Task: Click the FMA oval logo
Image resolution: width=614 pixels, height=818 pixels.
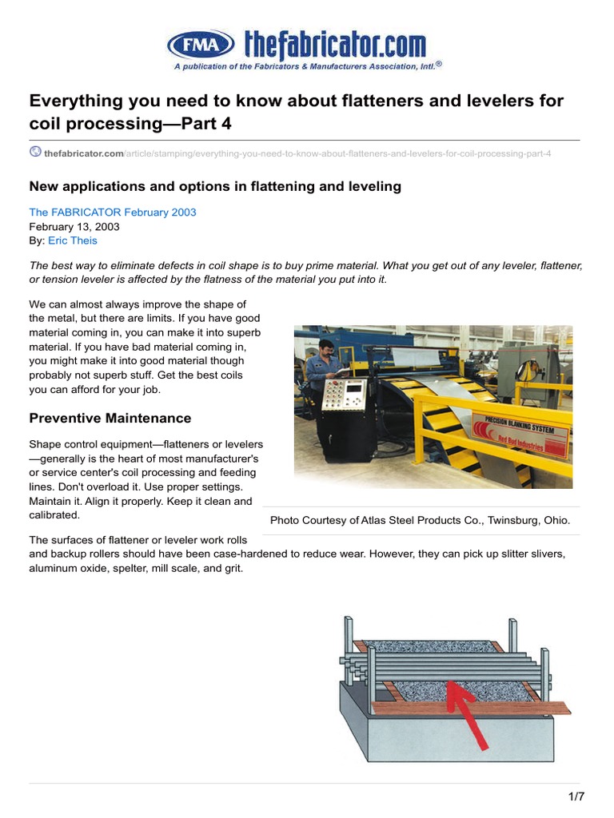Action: coord(201,43)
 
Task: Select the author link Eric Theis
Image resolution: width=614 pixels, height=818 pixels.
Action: coord(74,240)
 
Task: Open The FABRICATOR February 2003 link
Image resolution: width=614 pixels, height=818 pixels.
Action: coord(112,212)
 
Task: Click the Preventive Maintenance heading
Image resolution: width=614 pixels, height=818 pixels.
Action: coord(110,418)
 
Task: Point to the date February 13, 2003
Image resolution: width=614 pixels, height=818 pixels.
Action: coord(74,226)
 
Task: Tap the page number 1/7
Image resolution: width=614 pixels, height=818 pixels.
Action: coord(576,796)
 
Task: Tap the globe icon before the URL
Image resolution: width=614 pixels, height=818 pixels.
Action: coord(35,152)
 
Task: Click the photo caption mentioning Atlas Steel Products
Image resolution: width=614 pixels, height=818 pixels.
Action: coord(420,520)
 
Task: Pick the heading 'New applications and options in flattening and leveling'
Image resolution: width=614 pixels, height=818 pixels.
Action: coord(215,186)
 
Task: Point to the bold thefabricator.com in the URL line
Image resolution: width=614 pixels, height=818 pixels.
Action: coord(84,153)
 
